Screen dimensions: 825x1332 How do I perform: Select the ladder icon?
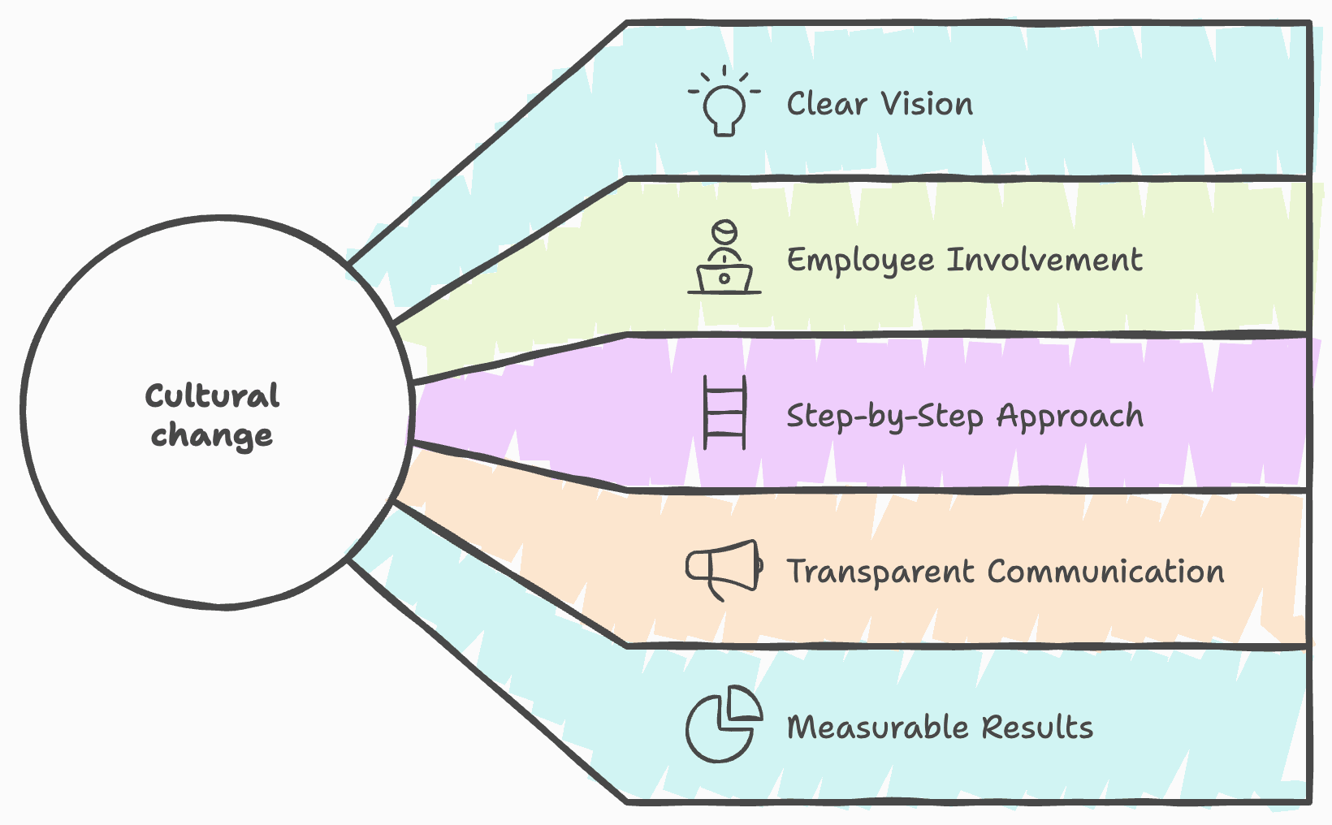tap(724, 412)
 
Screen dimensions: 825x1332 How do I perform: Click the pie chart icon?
tap(722, 725)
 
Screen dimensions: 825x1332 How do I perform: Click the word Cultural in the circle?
tap(212, 396)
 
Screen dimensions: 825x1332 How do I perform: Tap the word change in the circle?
tap(212, 436)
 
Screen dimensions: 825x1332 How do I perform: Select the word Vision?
tap(927, 104)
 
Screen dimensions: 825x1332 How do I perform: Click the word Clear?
tap(826, 104)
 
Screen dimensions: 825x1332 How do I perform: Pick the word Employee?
tap(860, 261)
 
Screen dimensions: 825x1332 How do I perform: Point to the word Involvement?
tap(1045, 260)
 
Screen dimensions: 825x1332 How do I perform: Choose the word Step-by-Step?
tap(885, 417)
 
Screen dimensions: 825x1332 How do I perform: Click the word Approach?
tap(1070, 417)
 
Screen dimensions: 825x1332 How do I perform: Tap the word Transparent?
tap(880, 572)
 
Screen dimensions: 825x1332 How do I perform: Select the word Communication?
tap(1106, 572)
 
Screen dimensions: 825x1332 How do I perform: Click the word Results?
tap(1037, 728)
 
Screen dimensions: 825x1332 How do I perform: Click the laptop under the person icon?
tap(724, 279)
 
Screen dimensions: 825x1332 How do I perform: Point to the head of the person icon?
tap(724, 231)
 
